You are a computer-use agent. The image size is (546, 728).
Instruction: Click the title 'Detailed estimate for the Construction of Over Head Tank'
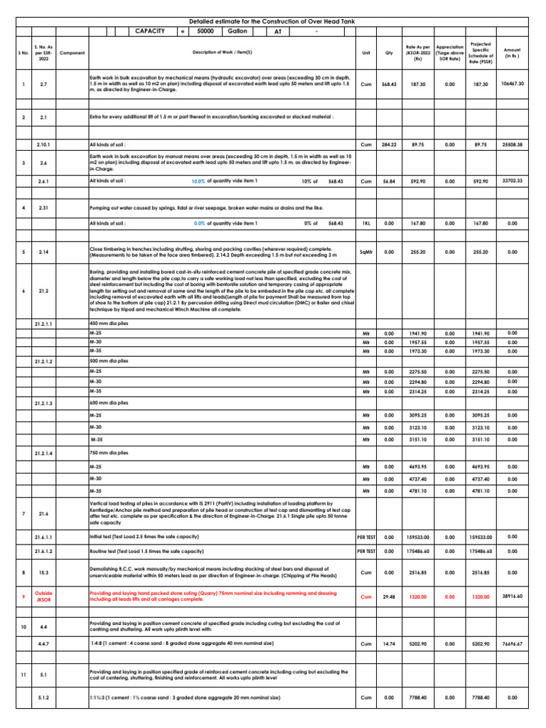click(x=272, y=23)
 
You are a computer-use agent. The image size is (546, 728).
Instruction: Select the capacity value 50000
click(x=205, y=32)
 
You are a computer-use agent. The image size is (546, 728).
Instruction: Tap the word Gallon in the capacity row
click(x=237, y=32)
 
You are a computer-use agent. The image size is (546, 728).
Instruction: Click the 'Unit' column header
click(x=366, y=53)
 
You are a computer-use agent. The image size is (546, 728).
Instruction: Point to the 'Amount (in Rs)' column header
click(x=513, y=53)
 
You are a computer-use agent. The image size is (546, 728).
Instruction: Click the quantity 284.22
click(x=389, y=145)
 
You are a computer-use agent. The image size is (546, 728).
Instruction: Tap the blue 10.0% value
click(x=198, y=182)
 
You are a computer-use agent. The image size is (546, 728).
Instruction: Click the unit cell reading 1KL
click(x=366, y=223)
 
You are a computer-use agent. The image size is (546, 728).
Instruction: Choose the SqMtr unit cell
click(x=366, y=252)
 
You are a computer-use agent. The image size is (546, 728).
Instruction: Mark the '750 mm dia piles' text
click(x=108, y=452)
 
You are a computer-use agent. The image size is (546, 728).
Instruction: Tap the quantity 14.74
click(x=389, y=644)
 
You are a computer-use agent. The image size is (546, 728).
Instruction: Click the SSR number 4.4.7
click(x=43, y=644)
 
